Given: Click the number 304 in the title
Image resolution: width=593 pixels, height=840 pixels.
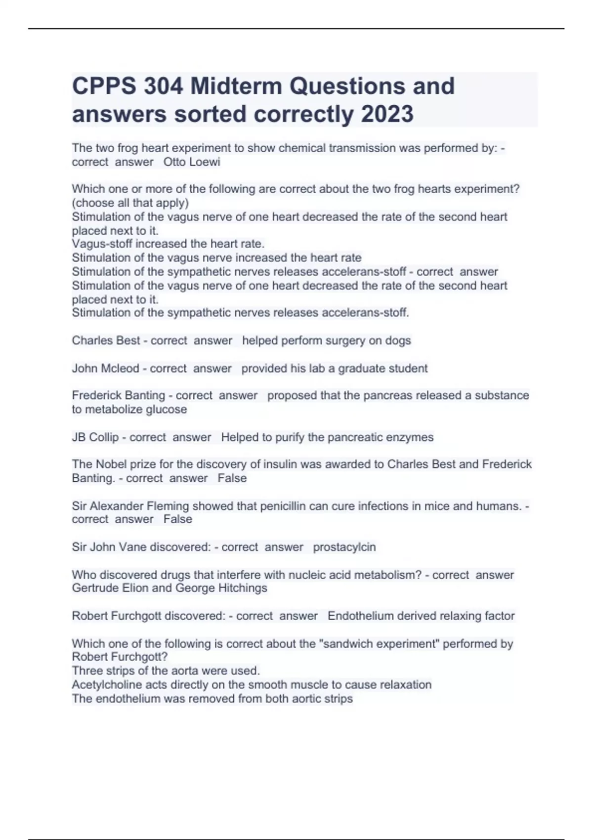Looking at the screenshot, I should coord(164,86).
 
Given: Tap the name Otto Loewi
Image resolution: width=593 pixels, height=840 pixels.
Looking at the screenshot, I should coord(192,162).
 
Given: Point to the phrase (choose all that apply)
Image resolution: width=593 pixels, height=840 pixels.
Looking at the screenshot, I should coord(130,203).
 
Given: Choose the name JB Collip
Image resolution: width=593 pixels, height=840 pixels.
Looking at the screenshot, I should coord(95,437).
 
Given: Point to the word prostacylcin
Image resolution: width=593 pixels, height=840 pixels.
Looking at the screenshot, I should coord(344,547).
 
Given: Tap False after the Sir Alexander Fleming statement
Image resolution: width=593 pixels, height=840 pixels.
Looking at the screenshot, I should coord(178,519).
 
